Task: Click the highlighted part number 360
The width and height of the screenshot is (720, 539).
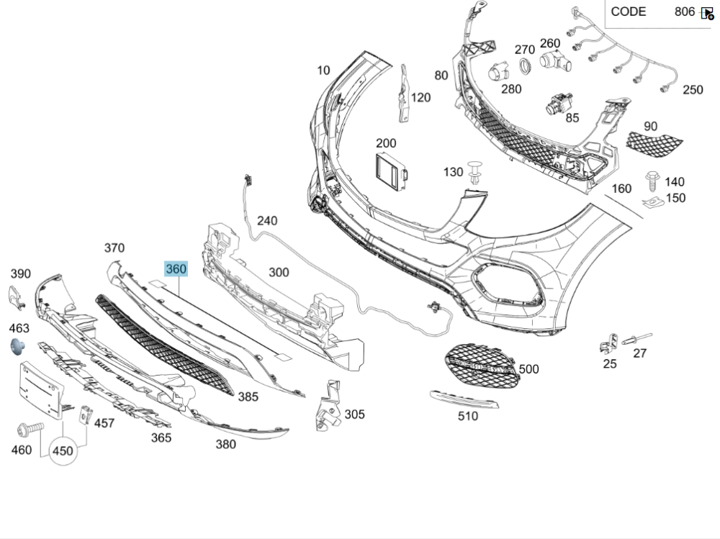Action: (176, 269)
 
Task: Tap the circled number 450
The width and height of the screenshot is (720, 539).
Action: (63, 451)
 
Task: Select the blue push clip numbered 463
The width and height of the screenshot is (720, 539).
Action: (17, 348)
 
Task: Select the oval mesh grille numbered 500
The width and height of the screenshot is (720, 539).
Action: (480, 366)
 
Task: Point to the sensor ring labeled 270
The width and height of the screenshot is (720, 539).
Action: (525, 67)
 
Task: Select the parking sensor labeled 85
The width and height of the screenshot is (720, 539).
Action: (556, 105)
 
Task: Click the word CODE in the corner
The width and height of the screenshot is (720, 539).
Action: (629, 12)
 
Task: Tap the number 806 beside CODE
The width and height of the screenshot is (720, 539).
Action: (684, 12)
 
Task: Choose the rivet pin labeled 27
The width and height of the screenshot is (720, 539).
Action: (638, 338)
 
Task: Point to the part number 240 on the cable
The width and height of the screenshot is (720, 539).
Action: (266, 221)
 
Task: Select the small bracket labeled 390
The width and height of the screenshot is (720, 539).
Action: (17, 297)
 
